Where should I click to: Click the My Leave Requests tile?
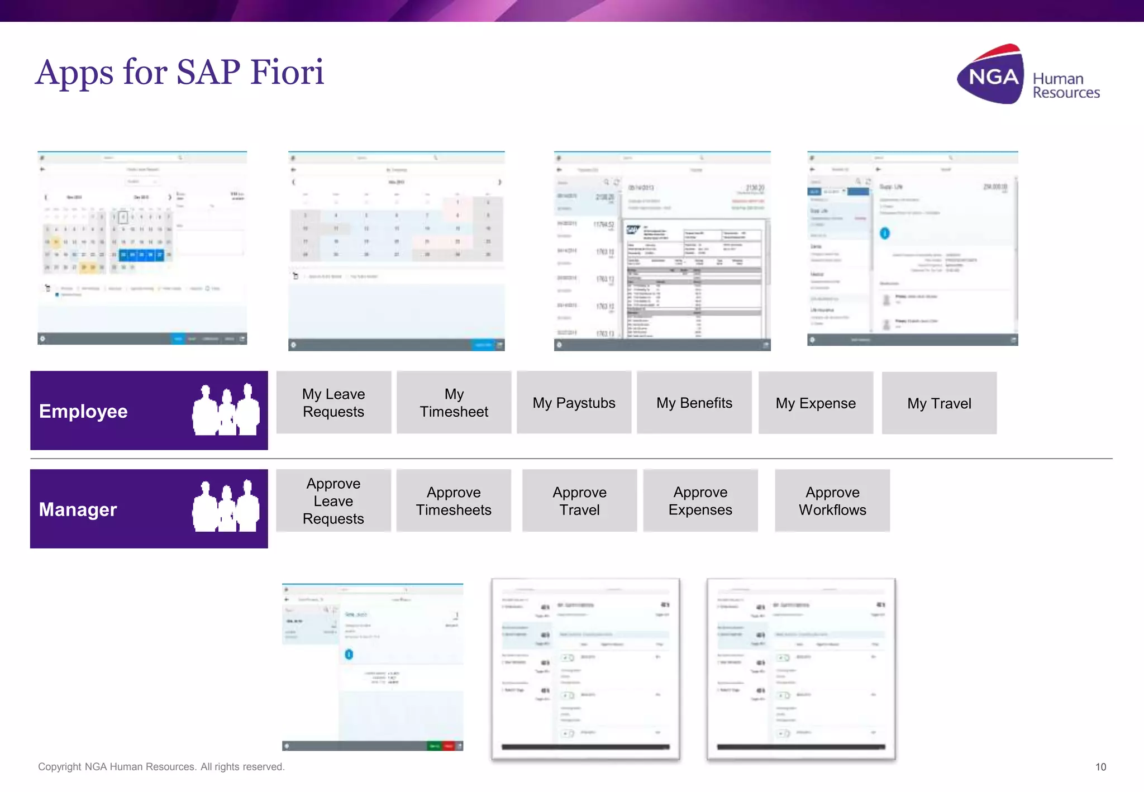[x=333, y=403]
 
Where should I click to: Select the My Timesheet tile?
[x=454, y=403]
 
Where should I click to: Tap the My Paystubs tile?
[x=574, y=403]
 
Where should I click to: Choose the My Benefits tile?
[x=694, y=403]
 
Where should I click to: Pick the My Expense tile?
[x=816, y=403]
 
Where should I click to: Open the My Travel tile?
[x=939, y=403]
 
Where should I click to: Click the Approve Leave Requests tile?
[x=333, y=501]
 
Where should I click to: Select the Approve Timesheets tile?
[x=454, y=501]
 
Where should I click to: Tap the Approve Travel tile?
[x=579, y=501]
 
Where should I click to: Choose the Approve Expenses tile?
[x=700, y=501]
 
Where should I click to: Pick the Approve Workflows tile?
[x=832, y=501]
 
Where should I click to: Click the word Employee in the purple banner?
[x=83, y=411]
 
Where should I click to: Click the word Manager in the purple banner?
[x=78, y=509]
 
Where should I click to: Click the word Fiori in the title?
[x=287, y=72]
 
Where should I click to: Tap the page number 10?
[x=1100, y=767]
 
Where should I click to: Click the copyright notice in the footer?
[x=161, y=767]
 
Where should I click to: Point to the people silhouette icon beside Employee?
[x=226, y=410]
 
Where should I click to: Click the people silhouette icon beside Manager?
[x=226, y=507]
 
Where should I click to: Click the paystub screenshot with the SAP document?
[x=662, y=251]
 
